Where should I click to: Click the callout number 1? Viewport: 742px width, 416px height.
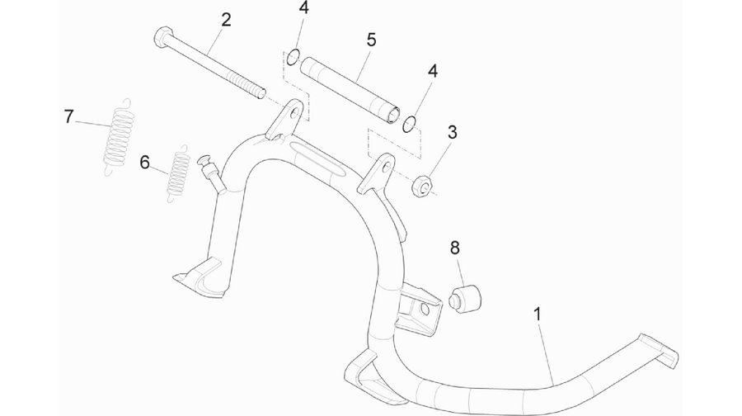(x=537, y=314)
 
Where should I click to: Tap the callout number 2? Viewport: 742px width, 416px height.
(x=226, y=20)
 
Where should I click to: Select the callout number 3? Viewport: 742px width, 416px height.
(x=453, y=132)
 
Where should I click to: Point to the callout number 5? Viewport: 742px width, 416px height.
(x=372, y=40)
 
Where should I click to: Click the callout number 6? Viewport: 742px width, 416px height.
(x=145, y=163)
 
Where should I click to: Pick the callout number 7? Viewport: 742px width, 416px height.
(x=69, y=116)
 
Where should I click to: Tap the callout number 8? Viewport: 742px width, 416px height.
(x=455, y=248)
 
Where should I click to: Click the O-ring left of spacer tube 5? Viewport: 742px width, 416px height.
(x=293, y=57)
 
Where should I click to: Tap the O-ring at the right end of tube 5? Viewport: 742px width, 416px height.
(x=410, y=124)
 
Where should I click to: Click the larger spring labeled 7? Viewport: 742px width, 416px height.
(x=118, y=136)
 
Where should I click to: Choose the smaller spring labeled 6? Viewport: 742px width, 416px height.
(x=179, y=173)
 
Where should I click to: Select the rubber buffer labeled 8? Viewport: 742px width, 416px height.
(x=465, y=299)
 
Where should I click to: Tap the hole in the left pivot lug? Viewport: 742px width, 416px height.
(x=296, y=113)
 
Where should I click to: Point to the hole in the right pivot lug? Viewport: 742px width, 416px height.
(x=387, y=167)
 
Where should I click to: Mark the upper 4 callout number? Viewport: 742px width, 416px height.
(x=303, y=8)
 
